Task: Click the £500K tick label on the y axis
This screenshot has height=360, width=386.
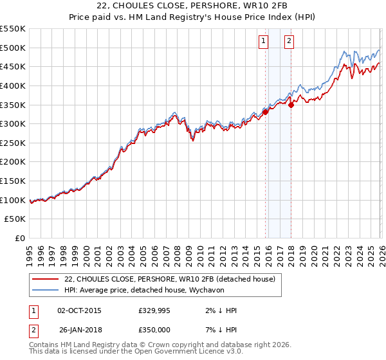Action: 13,48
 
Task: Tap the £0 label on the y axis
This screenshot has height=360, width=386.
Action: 19,239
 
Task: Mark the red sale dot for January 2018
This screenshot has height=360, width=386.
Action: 291,105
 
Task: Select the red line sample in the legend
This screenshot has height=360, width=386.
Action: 45,279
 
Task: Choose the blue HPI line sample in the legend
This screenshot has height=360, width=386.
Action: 45,290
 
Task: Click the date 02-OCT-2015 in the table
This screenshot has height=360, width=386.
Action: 79,310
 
